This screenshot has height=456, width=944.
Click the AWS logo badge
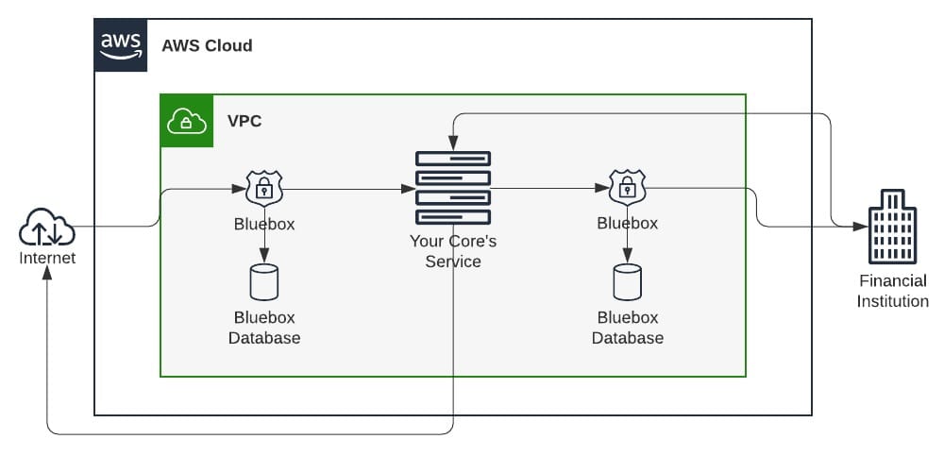(121, 44)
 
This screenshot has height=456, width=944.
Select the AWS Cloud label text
(207, 45)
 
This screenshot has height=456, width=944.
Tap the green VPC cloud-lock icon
(187, 121)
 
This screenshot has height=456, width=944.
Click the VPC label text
(244, 121)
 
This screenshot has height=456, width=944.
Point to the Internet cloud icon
(46, 228)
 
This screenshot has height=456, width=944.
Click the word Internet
(47, 258)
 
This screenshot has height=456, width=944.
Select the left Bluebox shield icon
(264, 189)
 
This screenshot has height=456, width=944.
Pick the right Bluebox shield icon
(627, 188)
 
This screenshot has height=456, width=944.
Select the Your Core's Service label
(453, 251)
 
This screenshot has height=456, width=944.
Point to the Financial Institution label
(892, 291)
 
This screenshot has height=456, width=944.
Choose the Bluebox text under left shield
(264, 225)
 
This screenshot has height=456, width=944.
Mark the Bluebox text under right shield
(627, 224)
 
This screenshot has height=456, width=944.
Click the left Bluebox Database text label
(264, 328)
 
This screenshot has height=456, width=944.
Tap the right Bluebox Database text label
(627, 328)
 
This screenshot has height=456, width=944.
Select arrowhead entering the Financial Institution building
(863, 227)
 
